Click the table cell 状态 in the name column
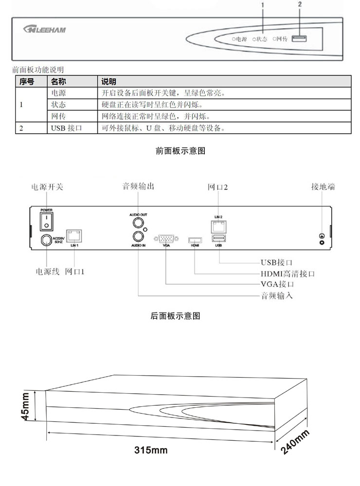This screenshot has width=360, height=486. (58, 104)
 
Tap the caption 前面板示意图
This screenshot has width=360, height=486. (180, 151)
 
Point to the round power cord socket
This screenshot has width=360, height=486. (46, 240)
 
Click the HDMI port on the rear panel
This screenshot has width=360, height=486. (195, 240)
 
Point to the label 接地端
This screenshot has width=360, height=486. (323, 187)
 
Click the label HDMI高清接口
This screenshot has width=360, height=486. (288, 274)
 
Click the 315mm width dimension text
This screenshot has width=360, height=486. (151, 450)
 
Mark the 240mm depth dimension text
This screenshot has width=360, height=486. (295, 443)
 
